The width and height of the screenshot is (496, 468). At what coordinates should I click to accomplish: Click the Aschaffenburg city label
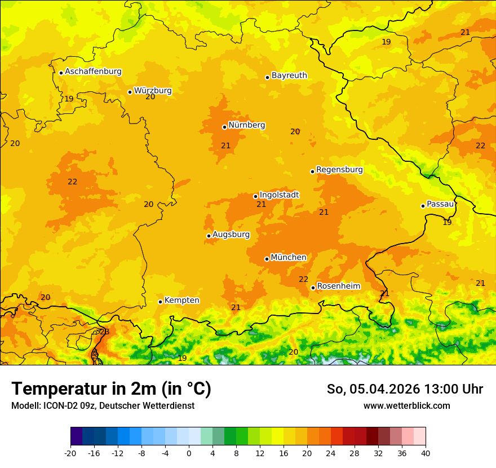(x=93, y=72)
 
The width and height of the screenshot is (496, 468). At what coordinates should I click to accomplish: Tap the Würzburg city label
(x=153, y=90)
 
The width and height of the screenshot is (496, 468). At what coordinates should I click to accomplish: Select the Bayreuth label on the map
(x=289, y=75)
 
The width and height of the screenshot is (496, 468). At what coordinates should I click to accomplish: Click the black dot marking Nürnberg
(x=224, y=127)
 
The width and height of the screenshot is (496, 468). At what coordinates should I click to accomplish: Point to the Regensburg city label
(x=339, y=169)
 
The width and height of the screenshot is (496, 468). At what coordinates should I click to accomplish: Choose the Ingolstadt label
(x=279, y=195)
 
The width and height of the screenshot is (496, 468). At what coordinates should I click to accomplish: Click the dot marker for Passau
(x=423, y=206)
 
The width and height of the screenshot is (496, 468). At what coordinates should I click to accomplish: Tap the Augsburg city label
(x=231, y=234)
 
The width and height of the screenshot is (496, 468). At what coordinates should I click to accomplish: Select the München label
(x=289, y=257)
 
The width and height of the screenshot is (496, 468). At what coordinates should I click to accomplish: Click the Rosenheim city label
(x=338, y=286)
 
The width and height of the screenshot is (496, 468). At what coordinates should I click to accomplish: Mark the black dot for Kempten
(x=160, y=302)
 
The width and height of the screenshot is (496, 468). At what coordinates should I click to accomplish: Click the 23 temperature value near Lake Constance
(x=104, y=332)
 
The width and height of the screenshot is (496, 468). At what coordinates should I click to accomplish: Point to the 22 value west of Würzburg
(x=72, y=182)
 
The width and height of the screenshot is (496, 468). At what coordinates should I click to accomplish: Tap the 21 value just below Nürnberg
(x=225, y=145)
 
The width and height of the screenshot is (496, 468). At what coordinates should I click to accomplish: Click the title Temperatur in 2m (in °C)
(x=111, y=388)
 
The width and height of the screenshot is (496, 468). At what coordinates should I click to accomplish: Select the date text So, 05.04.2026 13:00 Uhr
(x=405, y=389)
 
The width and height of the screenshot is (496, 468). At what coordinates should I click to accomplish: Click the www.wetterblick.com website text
(x=406, y=405)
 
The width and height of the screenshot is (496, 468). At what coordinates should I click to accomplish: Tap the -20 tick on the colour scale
(x=70, y=453)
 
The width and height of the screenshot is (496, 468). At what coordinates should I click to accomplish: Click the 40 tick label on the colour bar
(x=426, y=453)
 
